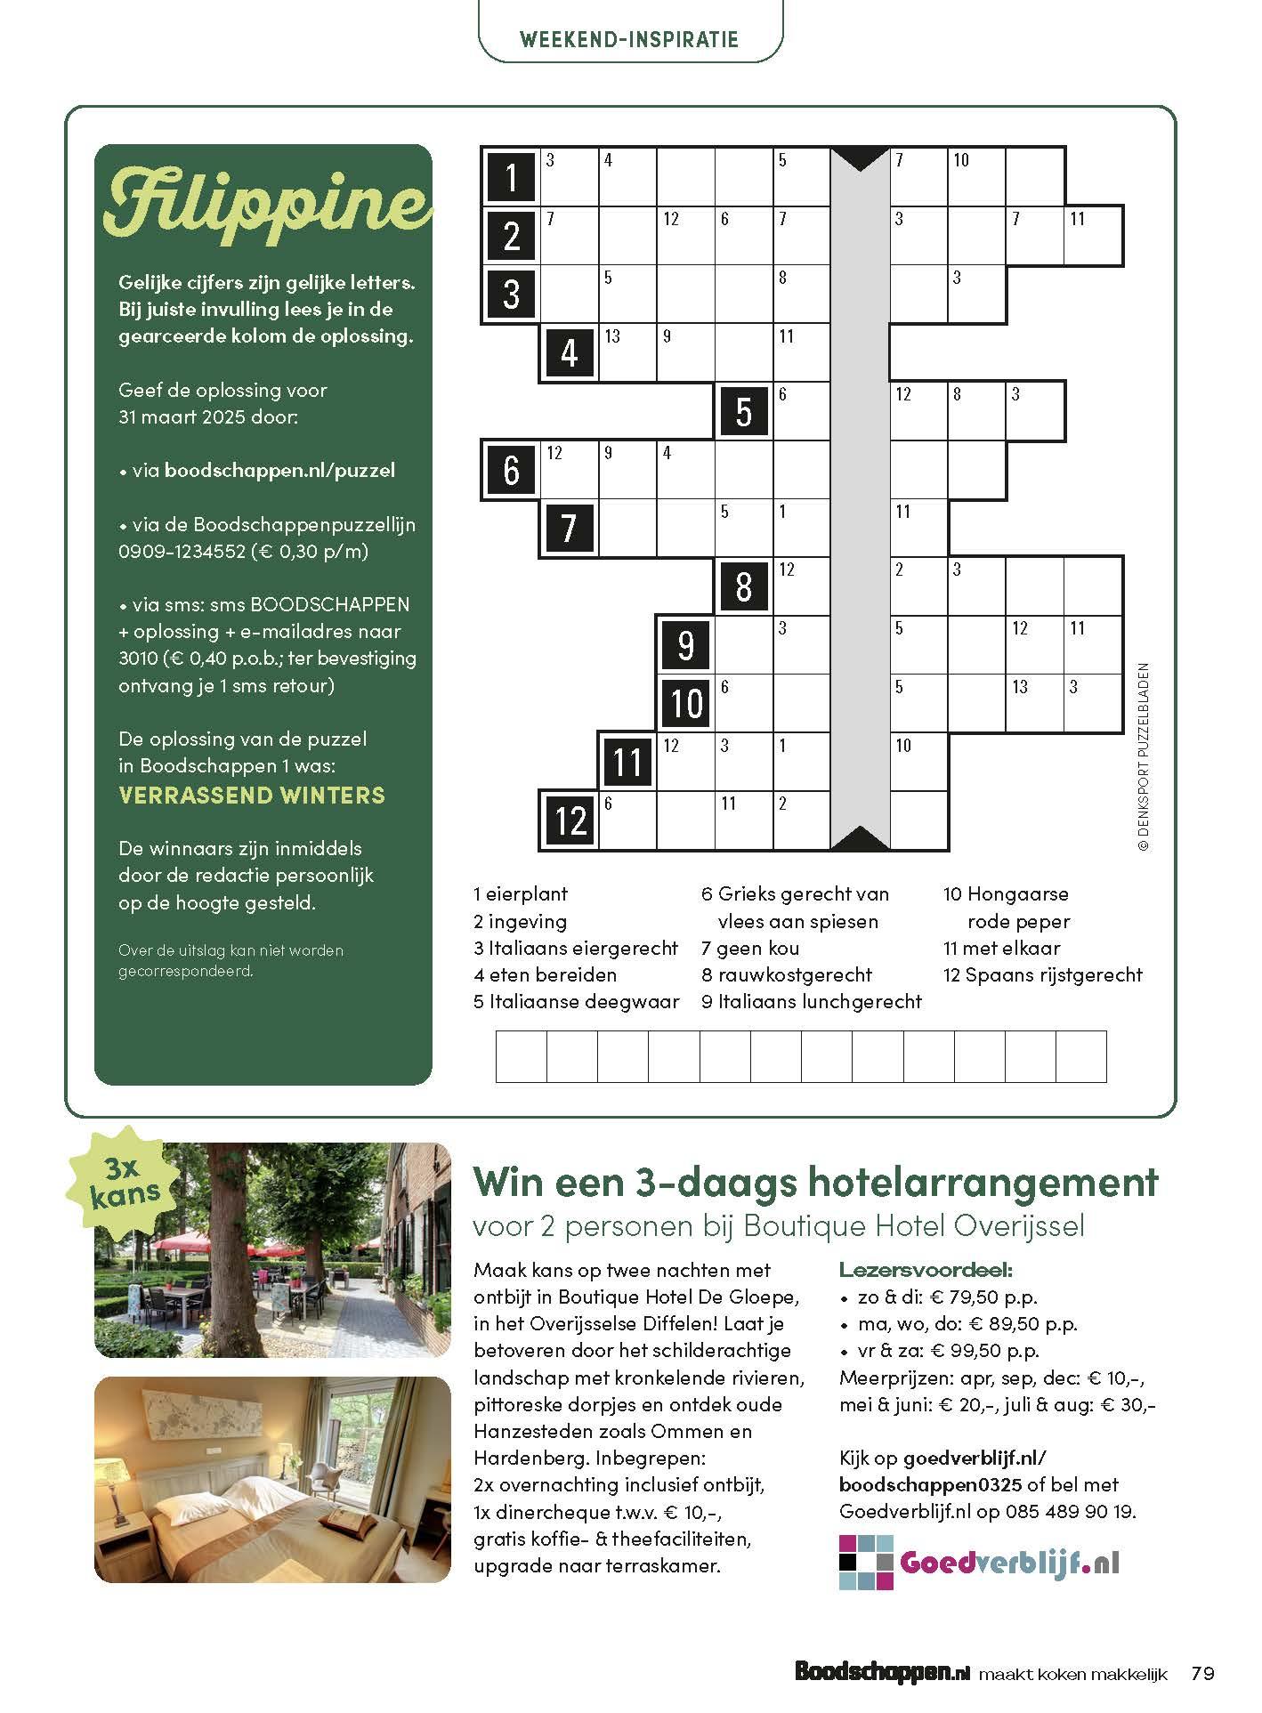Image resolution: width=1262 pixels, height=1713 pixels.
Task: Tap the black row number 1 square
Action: coord(511,176)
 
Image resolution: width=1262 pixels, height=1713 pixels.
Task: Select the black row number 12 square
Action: coord(570,819)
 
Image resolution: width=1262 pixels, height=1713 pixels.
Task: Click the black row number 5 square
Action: coord(744,411)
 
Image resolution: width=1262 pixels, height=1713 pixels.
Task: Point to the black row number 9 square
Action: coord(685,643)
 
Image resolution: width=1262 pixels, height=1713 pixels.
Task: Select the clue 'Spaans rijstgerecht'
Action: coord(1053,974)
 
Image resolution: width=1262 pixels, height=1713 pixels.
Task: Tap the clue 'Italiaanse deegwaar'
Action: coord(584,1001)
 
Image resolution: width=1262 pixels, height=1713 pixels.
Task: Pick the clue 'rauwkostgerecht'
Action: coord(795,974)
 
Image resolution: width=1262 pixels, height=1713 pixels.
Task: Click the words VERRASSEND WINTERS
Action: coord(252,795)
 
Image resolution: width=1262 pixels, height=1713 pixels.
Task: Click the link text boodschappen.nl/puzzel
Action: coord(279,470)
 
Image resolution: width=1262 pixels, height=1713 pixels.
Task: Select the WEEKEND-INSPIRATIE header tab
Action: coord(629,39)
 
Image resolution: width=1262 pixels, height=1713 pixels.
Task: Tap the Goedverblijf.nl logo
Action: coord(979,1562)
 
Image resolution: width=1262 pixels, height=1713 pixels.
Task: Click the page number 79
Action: coord(1202,1673)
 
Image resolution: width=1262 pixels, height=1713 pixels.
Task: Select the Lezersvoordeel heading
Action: coord(926,1270)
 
